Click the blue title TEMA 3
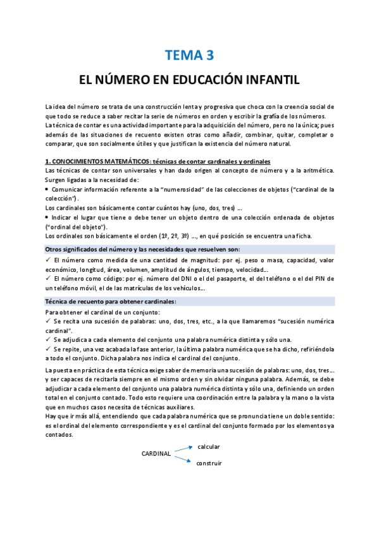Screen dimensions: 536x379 [x=189, y=56]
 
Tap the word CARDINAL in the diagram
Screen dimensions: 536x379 [x=156, y=453]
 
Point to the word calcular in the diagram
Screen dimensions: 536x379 [x=209, y=446]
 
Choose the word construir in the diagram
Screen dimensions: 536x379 [x=209, y=463]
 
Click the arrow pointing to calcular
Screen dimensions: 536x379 [x=183, y=449]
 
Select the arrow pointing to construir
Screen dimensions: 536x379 [x=183, y=459]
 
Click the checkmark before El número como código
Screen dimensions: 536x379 [x=49, y=278]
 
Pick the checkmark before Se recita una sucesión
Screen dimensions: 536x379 [x=49, y=321]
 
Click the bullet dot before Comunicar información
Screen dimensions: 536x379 [x=48, y=189]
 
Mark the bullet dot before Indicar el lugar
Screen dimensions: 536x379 [x=48, y=217]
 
